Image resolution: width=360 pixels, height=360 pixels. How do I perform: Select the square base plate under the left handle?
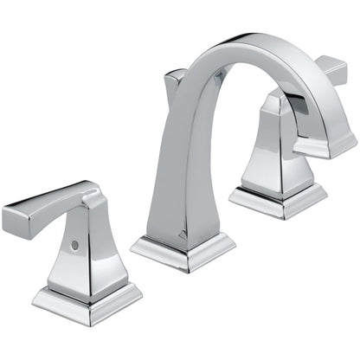pyautogui.click(x=87, y=299)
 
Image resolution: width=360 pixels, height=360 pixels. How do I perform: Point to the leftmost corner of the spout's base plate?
pyautogui.click(x=132, y=246)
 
